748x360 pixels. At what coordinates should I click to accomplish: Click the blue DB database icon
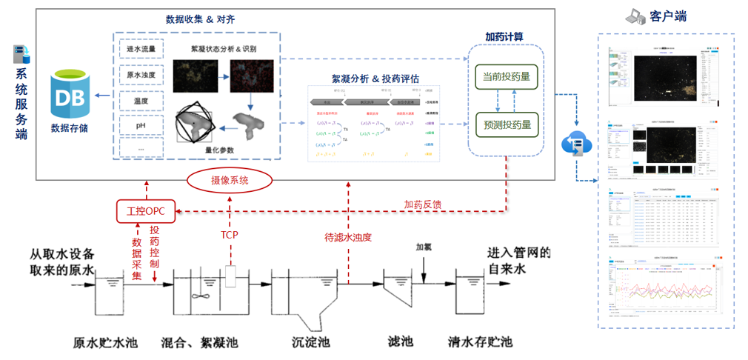point(71,95)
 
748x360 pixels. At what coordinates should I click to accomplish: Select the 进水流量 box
point(139,50)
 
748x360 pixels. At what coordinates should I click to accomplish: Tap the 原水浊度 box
point(139,75)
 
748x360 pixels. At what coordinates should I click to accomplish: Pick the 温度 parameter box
point(139,100)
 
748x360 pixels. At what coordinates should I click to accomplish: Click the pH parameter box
point(139,125)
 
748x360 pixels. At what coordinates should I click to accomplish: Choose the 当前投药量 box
point(507,76)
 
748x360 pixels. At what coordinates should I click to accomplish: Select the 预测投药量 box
point(507,124)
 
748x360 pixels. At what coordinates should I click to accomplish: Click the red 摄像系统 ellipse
point(230,180)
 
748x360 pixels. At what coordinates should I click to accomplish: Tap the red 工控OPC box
point(145,212)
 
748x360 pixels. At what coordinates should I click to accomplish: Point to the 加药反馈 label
point(423,204)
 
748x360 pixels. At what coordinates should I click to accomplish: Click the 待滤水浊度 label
point(347,237)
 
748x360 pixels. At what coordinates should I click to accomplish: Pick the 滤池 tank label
point(401,342)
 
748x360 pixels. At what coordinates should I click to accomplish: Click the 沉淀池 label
point(311,342)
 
